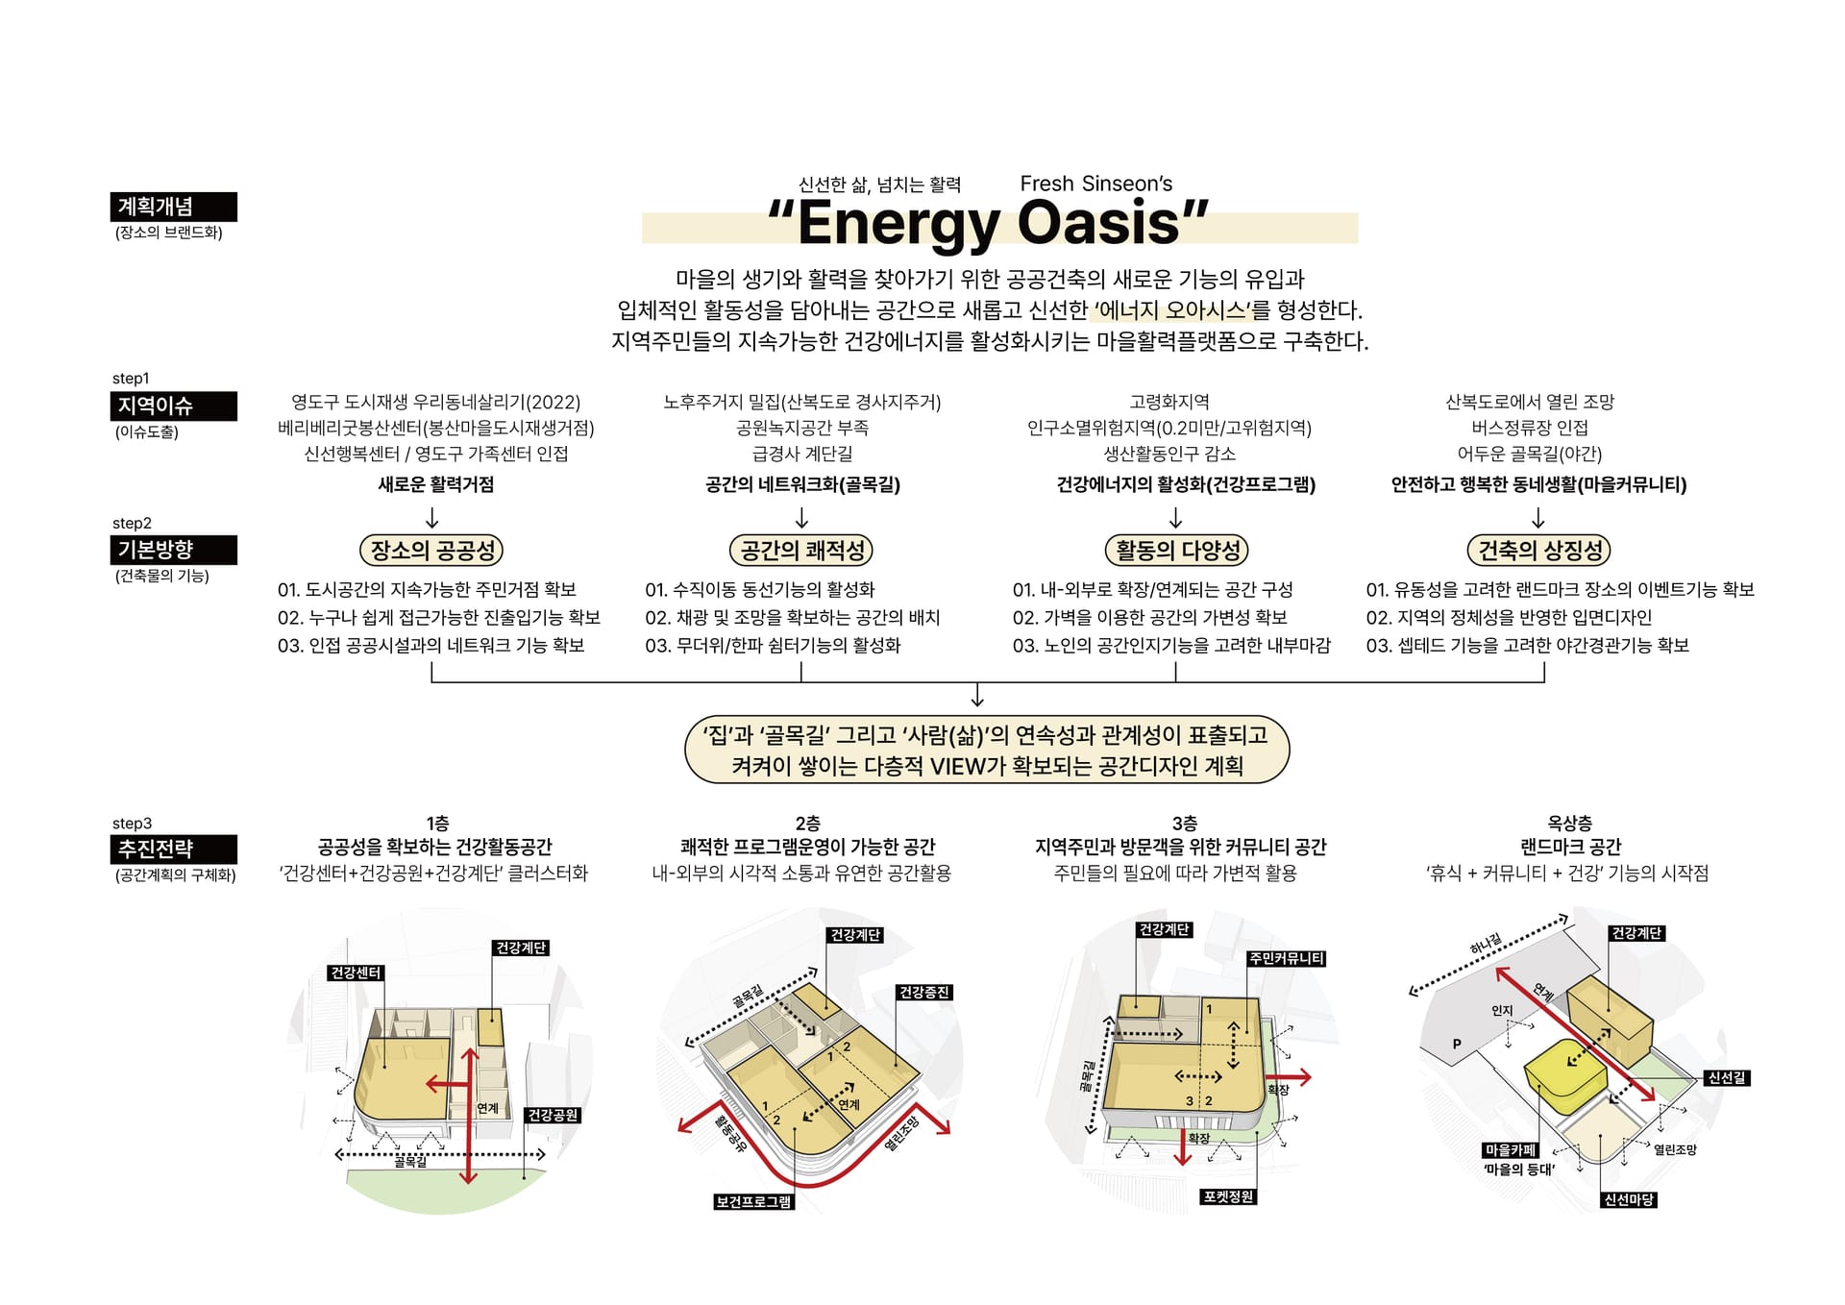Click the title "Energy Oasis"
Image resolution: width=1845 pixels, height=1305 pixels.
(x=988, y=223)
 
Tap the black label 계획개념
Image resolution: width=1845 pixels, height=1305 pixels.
(x=173, y=207)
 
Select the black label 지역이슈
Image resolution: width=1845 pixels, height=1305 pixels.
(x=173, y=406)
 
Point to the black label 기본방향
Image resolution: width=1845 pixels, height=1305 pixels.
(x=173, y=550)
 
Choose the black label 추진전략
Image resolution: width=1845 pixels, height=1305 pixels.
(x=173, y=849)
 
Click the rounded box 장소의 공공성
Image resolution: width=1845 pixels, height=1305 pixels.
(x=431, y=550)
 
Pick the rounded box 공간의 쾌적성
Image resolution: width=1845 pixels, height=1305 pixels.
(x=801, y=550)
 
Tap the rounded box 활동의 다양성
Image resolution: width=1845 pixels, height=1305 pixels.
(x=1176, y=550)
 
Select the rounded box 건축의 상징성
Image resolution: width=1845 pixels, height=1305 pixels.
(x=1538, y=550)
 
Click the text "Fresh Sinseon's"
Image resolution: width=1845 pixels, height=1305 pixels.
(x=1096, y=184)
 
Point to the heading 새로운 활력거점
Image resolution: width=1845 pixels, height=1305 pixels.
(x=436, y=484)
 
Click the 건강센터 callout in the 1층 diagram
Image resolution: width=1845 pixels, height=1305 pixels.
(x=356, y=973)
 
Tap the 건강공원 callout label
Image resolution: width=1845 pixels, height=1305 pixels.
(x=553, y=1115)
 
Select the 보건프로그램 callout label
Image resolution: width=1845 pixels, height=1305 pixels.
(x=754, y=1201)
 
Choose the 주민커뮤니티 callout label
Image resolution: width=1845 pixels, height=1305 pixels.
(x=1286, y=958)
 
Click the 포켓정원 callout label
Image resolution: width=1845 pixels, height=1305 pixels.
(x=1229, y=1196)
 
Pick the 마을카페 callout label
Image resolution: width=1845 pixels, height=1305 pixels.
(x=1511, y=1150)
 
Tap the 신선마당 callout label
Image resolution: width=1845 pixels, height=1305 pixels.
(x=1629, y=1199)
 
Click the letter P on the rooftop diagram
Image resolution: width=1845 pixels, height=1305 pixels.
(x=1457, y=1044)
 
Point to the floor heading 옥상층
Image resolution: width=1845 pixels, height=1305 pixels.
(x=1569, y=823)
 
